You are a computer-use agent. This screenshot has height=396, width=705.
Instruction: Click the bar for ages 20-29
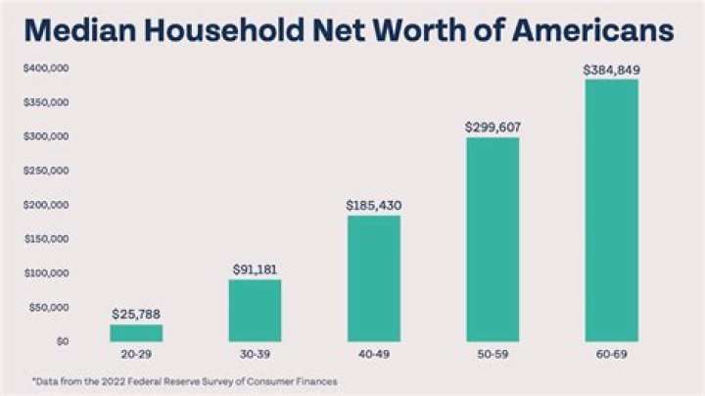tap(136, 332)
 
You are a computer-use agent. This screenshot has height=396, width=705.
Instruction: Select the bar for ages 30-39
tap(255, 311)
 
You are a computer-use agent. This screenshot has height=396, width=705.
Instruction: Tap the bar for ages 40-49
tap(373, 278)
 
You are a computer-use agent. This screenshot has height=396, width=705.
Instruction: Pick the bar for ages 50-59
tap(493, 239)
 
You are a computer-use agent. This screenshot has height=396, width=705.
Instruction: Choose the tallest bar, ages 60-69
tap(611, 210)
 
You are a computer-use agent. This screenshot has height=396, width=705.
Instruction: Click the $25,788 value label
tap(136, 314)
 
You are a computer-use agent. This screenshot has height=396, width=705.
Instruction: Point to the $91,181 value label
tap(255, 269)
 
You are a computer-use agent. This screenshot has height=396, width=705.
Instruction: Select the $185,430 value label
tap(373, 205)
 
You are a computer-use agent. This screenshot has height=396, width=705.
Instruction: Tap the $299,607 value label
tap(493, 126)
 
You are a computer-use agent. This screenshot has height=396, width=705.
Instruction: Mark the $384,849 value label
tap(611, 70)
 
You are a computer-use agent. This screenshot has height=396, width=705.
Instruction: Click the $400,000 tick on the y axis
tap(46, 69)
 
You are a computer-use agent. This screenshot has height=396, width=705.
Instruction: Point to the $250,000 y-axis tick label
tap(46, 171)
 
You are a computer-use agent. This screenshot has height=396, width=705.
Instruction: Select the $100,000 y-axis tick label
tap(46, 272)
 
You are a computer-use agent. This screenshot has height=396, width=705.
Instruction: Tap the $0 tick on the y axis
tap(62, 341)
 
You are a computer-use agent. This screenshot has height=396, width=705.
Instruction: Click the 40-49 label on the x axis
tap(373, 352)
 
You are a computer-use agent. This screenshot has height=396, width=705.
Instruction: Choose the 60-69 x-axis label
tap(611, 352)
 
